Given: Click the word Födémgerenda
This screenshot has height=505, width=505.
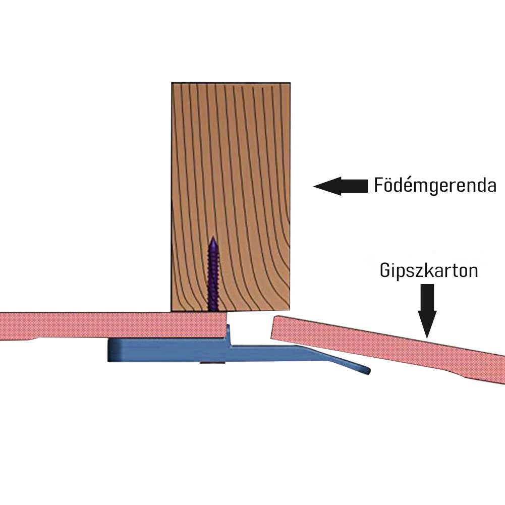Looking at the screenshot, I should tap(435, 186).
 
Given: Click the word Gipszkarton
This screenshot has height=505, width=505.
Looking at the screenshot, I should tap(429, 270).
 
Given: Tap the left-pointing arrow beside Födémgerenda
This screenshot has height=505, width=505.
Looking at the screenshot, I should tap(341, 186).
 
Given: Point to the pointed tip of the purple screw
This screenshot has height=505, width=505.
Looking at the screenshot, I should tap(213, 239).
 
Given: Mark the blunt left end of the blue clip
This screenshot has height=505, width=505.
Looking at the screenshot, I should tap(109, 350).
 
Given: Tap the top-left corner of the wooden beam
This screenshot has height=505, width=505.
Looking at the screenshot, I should tap(172, 83).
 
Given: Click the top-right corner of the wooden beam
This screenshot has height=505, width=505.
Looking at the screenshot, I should tap(290, 83).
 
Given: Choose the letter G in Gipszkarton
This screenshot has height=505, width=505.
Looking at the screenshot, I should tap(385, 271).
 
